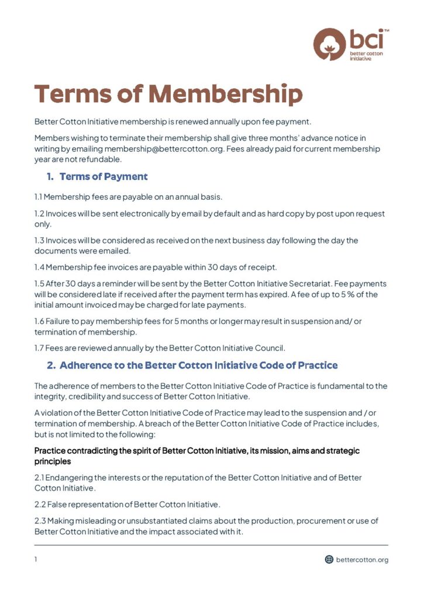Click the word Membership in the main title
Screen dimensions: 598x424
pyautogui.click(x=225, y=94)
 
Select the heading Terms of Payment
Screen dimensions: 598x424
pyautogui.click(x=104, y=176)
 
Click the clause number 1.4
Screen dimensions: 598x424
pyautogui.click(x=39, y=267)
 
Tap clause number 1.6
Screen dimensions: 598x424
pyautogui.click(x=39, y=322)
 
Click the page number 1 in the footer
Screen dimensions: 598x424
pyautogui.click(x=36, y=559)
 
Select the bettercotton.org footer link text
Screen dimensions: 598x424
pyautogui.click(x=362, y=559)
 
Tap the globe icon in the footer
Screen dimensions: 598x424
pyautogui.click(x=329, y=559)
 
